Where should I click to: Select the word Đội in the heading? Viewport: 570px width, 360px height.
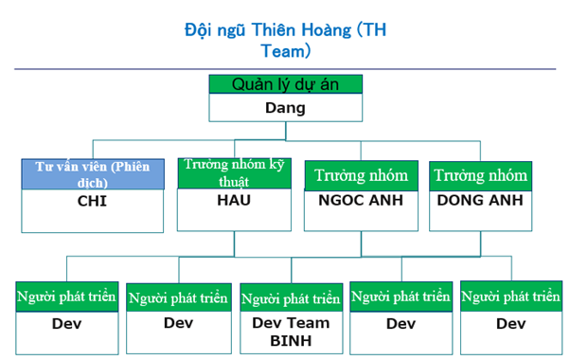(x=199, y=30)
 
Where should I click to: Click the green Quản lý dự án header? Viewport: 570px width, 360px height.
(x=285, y=83)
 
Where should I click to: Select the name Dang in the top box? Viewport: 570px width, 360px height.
(x=285, y=107)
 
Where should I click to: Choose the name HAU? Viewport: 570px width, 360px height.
(x=233, y=201)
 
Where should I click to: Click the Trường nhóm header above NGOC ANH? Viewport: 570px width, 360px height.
(x=361, y=174)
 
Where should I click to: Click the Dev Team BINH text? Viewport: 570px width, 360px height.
(x=290, y=331)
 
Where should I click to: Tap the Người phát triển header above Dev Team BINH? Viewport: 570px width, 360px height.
(x=290, y=298)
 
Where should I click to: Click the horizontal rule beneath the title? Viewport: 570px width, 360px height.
(x=285, y=68)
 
